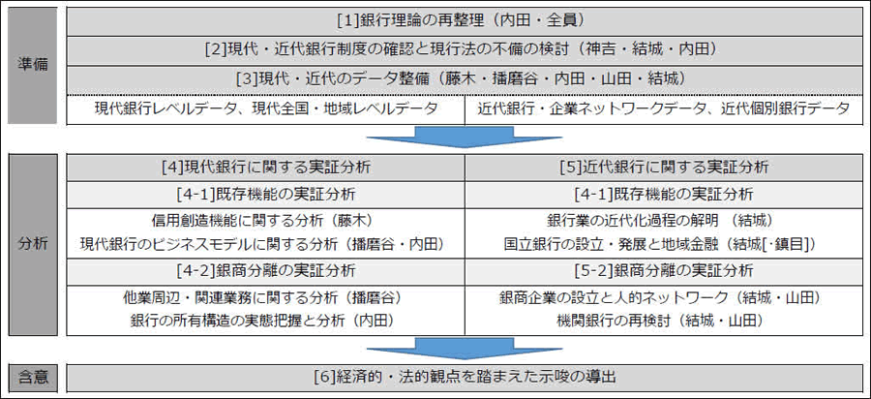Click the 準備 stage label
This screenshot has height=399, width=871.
[x=32, y=65]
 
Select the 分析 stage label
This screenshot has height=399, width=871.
[x=32, y=244]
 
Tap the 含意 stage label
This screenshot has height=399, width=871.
[x=32, y=378]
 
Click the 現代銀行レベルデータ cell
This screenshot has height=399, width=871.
[x=266, y=109]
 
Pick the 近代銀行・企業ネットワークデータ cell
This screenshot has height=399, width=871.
[x=664, y=109]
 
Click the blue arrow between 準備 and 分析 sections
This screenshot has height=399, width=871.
[x=465, y=138]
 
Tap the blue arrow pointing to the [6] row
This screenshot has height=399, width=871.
[x=465, y=349]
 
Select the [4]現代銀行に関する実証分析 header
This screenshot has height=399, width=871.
[x=266, y=168]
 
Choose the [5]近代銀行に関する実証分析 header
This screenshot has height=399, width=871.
[x=664, y=168]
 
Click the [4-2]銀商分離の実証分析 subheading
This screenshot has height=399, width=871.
[x=266, y=271]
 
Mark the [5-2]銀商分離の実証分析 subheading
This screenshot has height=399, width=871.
[x=664, y=271]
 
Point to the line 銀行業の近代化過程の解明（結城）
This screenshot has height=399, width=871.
[x=659, y=221]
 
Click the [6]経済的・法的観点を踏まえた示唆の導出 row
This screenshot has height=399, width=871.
[x=465, y=378]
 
